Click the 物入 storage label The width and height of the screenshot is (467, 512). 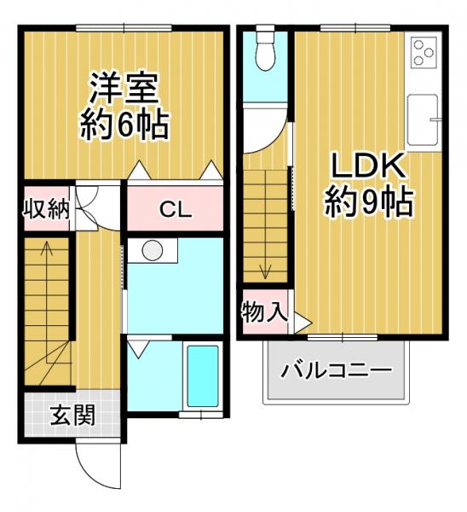263,311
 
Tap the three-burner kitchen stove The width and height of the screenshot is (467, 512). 423,54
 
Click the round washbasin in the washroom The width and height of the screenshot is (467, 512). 153,251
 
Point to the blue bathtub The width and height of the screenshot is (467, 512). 202,375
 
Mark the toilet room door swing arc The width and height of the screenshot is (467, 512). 264,128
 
